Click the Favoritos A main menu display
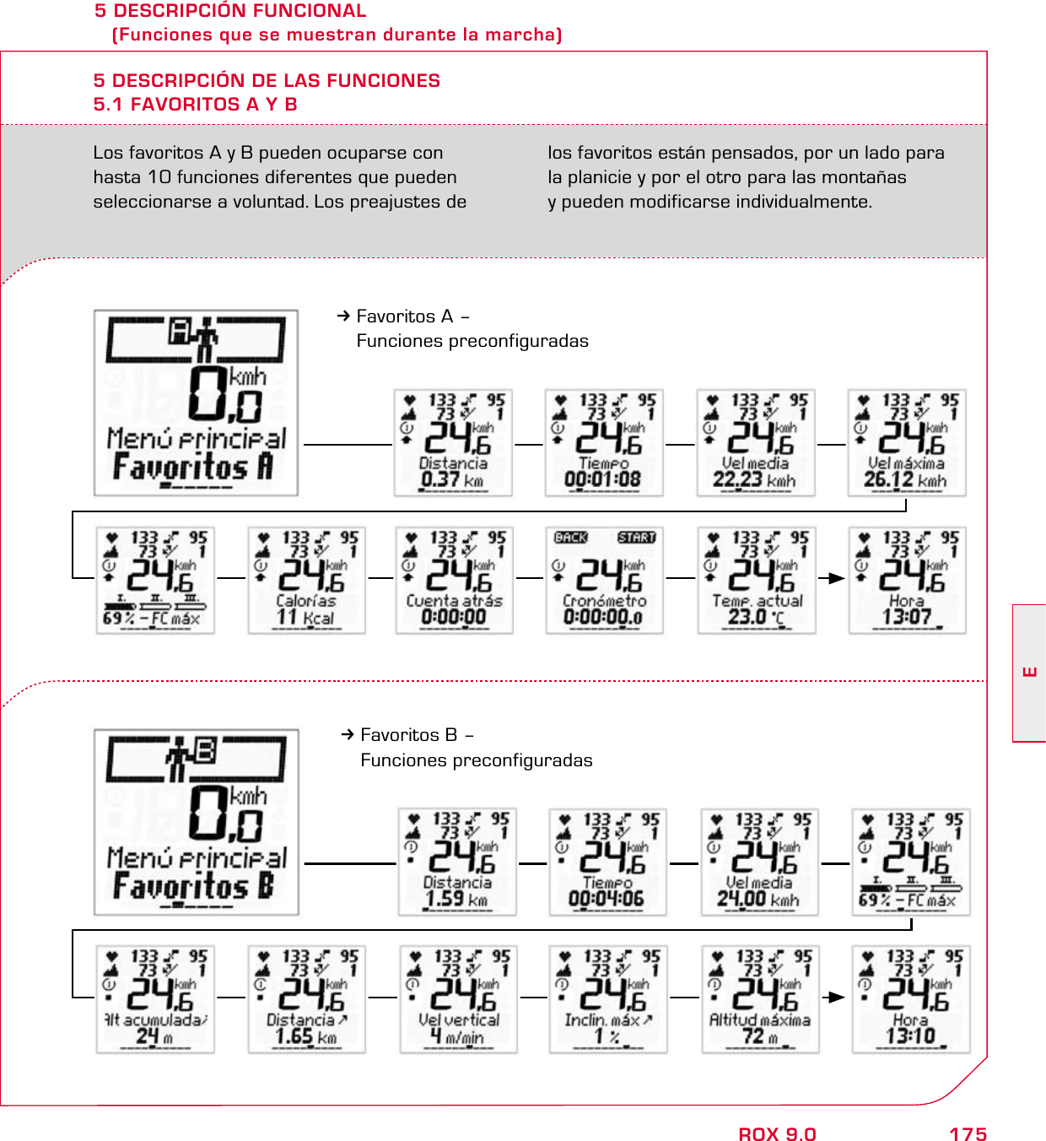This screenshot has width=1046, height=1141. (x=196, y=403)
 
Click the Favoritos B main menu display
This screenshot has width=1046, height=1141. (x=196, y=822)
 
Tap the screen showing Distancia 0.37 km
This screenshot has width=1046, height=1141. (x=453, y=442)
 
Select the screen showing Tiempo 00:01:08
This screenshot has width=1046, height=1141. (x=604, y=442)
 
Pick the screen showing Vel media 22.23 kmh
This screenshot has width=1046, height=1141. (x=755, y=442)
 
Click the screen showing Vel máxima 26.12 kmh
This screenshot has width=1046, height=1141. (x=907, y=442)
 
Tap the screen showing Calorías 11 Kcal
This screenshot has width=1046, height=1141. (x=306, y=580)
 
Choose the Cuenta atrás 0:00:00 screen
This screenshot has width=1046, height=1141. (x=454, y=580)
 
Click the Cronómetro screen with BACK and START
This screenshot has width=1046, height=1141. (x=604, y=580)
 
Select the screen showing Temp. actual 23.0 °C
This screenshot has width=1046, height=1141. (x=757, y=580)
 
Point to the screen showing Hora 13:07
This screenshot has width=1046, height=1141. (x=907, y=580)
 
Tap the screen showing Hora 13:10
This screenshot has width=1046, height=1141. (x=910, y=998)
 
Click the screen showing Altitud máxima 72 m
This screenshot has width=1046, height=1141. (x=760, y=998)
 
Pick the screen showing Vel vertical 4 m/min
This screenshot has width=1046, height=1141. (x=458, y=998)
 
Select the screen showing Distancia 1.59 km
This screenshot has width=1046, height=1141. (x=457, y=862)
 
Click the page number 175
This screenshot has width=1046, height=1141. (x=968, y=1133)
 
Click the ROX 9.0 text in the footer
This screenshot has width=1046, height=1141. (x=777, y=1133)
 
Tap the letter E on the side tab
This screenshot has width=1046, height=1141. (x=1029, y=673)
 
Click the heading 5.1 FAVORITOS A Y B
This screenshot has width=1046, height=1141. (x=195, y=105)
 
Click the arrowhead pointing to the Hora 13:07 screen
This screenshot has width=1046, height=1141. (x=837, y=578)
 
